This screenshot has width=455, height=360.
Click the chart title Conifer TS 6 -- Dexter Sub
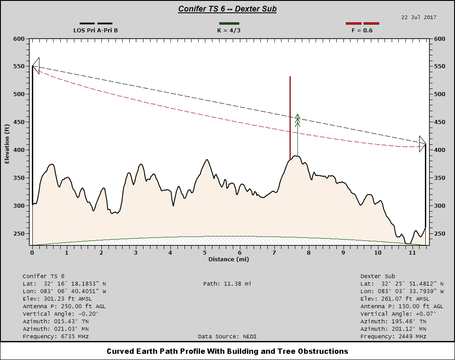point(227,9)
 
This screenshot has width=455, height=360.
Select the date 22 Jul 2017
point(419,17)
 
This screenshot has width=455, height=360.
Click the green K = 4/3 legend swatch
point(229,23)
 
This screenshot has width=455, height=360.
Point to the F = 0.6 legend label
point(362,31)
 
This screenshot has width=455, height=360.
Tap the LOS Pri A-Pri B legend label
point(96,31)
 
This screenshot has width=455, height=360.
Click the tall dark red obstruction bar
point(290,117)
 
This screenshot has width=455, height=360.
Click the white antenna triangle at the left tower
point(36,66)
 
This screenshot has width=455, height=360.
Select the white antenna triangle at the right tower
point(422,144)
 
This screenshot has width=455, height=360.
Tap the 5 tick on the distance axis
point(205,252)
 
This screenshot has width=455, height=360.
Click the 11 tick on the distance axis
point(413,252)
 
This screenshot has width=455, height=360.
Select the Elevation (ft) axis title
point(7,144)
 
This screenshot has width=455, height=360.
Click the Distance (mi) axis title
point(228,259)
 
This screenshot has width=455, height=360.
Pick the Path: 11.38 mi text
point(227,283)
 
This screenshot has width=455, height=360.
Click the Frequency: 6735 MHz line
point(56,337)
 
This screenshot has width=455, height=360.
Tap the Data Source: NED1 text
point(227,337)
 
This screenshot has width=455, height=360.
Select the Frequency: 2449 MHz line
point(393,337)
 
